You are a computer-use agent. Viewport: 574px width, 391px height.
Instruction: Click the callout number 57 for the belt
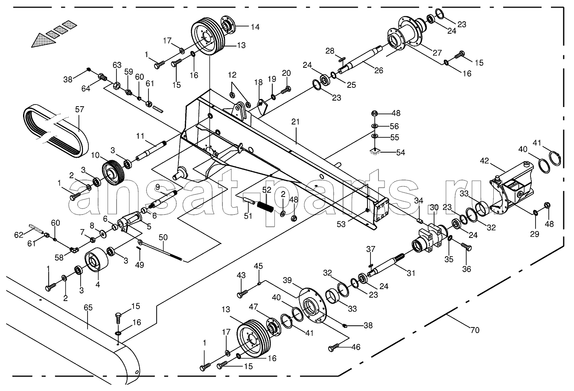[79, 109]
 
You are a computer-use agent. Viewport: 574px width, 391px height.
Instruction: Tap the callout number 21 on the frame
[295, 122]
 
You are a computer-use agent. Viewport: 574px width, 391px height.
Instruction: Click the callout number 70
[475, 330]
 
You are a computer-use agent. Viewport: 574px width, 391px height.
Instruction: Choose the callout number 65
[88, 307]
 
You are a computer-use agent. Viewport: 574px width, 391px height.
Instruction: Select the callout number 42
[484, 161]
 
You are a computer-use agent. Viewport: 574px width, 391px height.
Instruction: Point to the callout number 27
[437, 52]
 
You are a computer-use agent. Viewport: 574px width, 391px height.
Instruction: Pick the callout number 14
[255, 27]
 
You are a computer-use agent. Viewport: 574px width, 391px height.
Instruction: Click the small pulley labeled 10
[113, 173]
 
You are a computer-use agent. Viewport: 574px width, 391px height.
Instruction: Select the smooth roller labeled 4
[96, 260]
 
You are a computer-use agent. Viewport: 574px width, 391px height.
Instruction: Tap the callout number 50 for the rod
[163, 237]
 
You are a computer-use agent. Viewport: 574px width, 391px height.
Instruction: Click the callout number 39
[287, 280]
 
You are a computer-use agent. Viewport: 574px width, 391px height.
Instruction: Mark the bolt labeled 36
[466, 247]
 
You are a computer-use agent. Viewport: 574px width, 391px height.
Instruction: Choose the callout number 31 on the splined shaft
[411, 273]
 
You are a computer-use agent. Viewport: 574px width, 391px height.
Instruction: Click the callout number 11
[140, 136]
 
